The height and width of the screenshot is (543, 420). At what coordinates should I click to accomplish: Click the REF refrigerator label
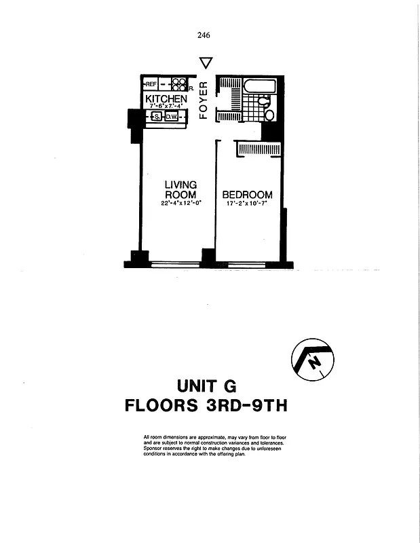(151, 84)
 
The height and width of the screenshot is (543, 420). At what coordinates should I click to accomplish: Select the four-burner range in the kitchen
(179, 84)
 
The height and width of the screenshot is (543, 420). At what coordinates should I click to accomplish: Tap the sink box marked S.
(157, 117)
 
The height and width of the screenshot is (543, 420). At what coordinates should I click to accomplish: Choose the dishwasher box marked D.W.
(172, 117)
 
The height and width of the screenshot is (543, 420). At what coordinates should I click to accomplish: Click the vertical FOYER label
(202, 100)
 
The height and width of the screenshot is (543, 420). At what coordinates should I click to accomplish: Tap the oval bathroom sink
(269, 115)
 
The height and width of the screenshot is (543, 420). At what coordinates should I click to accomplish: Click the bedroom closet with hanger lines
(259, 149)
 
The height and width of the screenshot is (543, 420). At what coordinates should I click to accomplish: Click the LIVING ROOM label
(180, 189)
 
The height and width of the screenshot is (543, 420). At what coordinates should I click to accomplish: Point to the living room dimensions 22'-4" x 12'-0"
(180, 203)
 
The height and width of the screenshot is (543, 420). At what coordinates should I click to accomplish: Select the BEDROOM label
(248, 195)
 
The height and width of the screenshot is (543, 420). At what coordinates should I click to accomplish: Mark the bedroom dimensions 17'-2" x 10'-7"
(248, 203)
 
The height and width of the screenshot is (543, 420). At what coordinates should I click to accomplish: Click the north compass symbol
(312, 360)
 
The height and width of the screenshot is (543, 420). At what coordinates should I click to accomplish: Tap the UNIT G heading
(206, 386)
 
